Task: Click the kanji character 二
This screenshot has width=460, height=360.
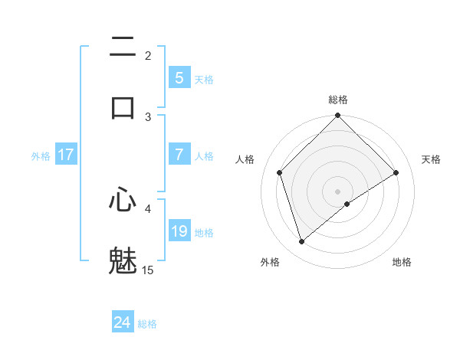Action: (123, 47)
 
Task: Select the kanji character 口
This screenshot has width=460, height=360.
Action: (123, 107)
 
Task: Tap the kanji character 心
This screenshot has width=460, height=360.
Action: (123, 201)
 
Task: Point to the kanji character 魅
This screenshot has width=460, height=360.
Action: (123, 260)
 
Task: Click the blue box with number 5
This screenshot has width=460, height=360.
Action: (179, 78)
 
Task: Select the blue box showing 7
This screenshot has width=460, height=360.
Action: (179, 155)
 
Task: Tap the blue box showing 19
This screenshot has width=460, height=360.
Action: (179, 231)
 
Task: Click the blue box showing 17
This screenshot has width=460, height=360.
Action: (65, 155)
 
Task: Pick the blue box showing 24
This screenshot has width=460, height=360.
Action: (122, 322)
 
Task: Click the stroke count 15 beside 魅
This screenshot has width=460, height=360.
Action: (148, 270)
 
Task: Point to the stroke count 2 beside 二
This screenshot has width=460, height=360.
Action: (148, 55)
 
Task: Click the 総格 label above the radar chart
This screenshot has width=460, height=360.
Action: (338, 100)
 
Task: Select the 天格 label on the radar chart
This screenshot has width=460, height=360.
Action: (431, 159)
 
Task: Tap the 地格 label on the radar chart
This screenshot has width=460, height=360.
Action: (402, 262)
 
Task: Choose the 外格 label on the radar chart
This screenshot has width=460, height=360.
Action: (270, 262)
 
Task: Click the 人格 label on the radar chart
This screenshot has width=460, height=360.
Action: (245, 159)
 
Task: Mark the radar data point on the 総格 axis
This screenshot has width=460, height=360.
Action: (338, 116)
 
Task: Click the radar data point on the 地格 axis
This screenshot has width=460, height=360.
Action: (347, 204)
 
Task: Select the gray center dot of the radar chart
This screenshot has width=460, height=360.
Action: (338, 191)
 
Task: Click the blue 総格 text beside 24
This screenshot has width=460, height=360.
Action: (147, 324)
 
